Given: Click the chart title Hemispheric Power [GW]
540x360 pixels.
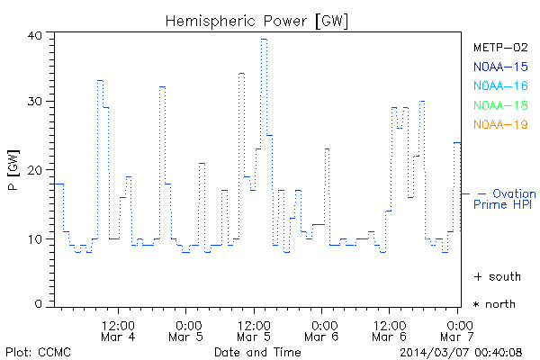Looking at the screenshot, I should point(257,20).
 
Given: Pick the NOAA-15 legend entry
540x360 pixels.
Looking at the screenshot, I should point(499,67).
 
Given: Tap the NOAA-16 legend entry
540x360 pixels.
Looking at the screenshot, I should point(499,86).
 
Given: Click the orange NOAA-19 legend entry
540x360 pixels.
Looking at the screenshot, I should point(499,124).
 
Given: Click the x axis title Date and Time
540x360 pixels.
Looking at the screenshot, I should point(256,351).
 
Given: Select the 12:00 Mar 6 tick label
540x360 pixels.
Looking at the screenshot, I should point(389,329).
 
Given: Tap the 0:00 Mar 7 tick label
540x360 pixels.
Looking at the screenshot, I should point(458,329).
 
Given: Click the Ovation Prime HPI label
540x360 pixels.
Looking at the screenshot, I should point(505,199).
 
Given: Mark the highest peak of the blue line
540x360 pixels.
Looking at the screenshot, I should point(264,39).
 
